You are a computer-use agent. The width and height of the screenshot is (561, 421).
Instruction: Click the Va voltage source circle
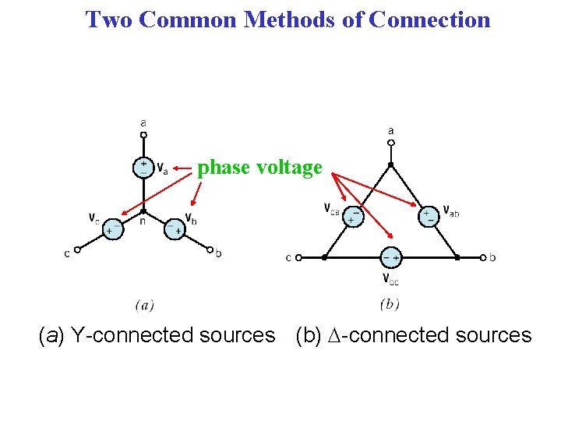pyautogui.click(x=143, y=168)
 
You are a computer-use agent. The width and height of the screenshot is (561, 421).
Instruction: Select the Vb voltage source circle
pyautogui.click(x=174, y=228)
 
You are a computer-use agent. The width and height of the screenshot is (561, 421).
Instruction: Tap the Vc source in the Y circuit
pyautogui.click(x=114, y=228)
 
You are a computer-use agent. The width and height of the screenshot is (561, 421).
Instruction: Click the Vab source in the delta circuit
pyautogui.click(x=428, y=215)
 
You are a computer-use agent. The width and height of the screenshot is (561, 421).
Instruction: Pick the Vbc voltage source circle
pyautogui.click(x=390, y=256)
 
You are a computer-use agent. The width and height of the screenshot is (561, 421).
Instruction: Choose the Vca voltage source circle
pyautogui.click(x=355, y=215)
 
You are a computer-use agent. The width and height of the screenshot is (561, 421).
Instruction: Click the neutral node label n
pyautogui.click(x=143, y=221)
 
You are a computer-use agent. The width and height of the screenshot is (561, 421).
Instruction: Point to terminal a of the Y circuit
pyautogui.click(x=143, y=134)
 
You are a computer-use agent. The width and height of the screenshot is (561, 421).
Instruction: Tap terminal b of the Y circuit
pyautogui.click(x=210, y=250)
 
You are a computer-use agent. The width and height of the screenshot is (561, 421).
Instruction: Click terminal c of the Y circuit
pyautogui.click(x=77, y=250)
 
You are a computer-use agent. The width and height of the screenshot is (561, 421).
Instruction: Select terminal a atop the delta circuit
pyautogui.click(x=391, y=143)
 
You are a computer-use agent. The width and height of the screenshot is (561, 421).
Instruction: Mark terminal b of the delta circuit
pyautogui.click(x=483, y=257)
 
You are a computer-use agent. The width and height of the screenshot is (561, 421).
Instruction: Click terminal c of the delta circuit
pyautogui.click(x=298, y=257)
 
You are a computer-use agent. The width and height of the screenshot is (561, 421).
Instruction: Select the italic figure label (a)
pyautogui.click(x=144, y=305)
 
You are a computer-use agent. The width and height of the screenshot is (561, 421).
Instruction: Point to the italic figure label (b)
pyautogui.click(x=390, y=305)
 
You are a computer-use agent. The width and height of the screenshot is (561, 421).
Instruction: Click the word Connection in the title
pyautogui.click(x=430, y=19)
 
